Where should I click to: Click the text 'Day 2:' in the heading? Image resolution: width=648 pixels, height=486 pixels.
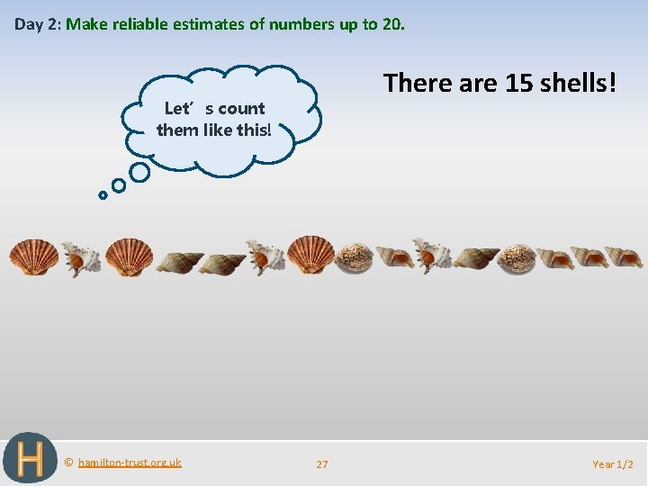tap(36, 24)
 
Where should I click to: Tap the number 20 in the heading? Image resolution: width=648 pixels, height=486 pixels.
tap(392, 24)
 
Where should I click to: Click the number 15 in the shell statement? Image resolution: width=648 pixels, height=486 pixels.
tap(518, 84)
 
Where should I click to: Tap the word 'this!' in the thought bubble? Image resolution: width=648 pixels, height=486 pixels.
tap(251, 130)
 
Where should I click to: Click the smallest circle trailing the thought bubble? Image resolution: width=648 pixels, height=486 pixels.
tap(103, 194)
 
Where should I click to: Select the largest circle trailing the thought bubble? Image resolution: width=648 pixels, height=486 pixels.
tap(139, 171)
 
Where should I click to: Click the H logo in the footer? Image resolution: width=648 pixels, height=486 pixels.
tap(30, 459)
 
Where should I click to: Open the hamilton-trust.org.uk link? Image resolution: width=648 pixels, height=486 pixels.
tap(130, 463)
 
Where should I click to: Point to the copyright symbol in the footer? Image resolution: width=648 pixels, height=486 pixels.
tap(68, 463)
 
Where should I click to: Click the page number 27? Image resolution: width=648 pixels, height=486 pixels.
tap(322, 464)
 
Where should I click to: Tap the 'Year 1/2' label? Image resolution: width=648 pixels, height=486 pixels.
tap(613, 464)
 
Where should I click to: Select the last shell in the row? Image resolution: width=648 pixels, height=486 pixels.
tap(624, 257)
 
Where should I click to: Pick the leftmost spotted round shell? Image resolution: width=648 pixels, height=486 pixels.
tap(354, 258)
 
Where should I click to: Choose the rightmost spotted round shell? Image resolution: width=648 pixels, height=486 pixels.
tap(517, 258)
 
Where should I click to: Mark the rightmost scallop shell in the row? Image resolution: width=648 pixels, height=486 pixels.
tap(311, 255)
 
